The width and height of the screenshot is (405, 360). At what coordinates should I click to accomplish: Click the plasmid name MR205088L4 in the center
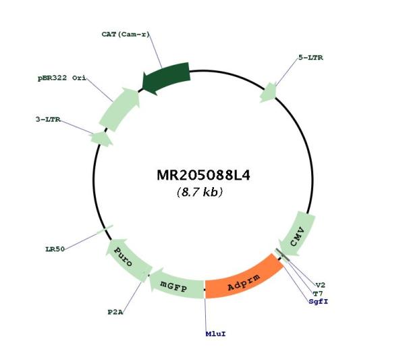(x=203, y=176)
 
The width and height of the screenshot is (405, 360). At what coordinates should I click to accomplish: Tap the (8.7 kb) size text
(x=200, y=192)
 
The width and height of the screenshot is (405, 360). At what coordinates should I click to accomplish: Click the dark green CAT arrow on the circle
(x=167, y=78)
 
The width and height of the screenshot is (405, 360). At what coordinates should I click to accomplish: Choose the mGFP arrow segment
(x=176, y=284)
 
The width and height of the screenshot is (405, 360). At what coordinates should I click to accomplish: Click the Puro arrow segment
(x=127, y=257)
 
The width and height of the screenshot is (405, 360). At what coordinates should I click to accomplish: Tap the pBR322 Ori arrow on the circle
(x=119, y=109)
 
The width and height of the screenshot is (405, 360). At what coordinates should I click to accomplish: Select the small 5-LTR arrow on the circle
(x=269, y=93)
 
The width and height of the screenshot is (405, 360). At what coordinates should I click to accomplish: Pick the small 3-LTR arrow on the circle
(x=101, y=138)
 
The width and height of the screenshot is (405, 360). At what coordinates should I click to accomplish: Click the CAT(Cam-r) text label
(x=126, y=34)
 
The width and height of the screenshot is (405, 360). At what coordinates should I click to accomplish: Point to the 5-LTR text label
(x=310, y=57)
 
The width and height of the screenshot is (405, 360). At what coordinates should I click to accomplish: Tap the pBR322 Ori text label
(x=62, y=78)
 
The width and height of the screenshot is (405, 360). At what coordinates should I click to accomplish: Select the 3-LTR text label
(x=48, y=120)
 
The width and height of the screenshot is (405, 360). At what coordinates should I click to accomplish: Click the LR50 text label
(x=55, y=249)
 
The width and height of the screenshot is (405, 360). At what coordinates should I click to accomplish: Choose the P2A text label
(x=115, y=312)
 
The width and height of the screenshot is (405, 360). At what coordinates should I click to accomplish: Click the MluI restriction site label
(x=216, y=334)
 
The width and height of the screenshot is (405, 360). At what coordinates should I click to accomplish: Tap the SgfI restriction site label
(x=318, y=302)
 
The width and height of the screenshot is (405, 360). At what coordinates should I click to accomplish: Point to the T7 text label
(x=318, y=294)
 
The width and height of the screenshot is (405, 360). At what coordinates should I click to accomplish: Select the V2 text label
(x=320, y=285)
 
